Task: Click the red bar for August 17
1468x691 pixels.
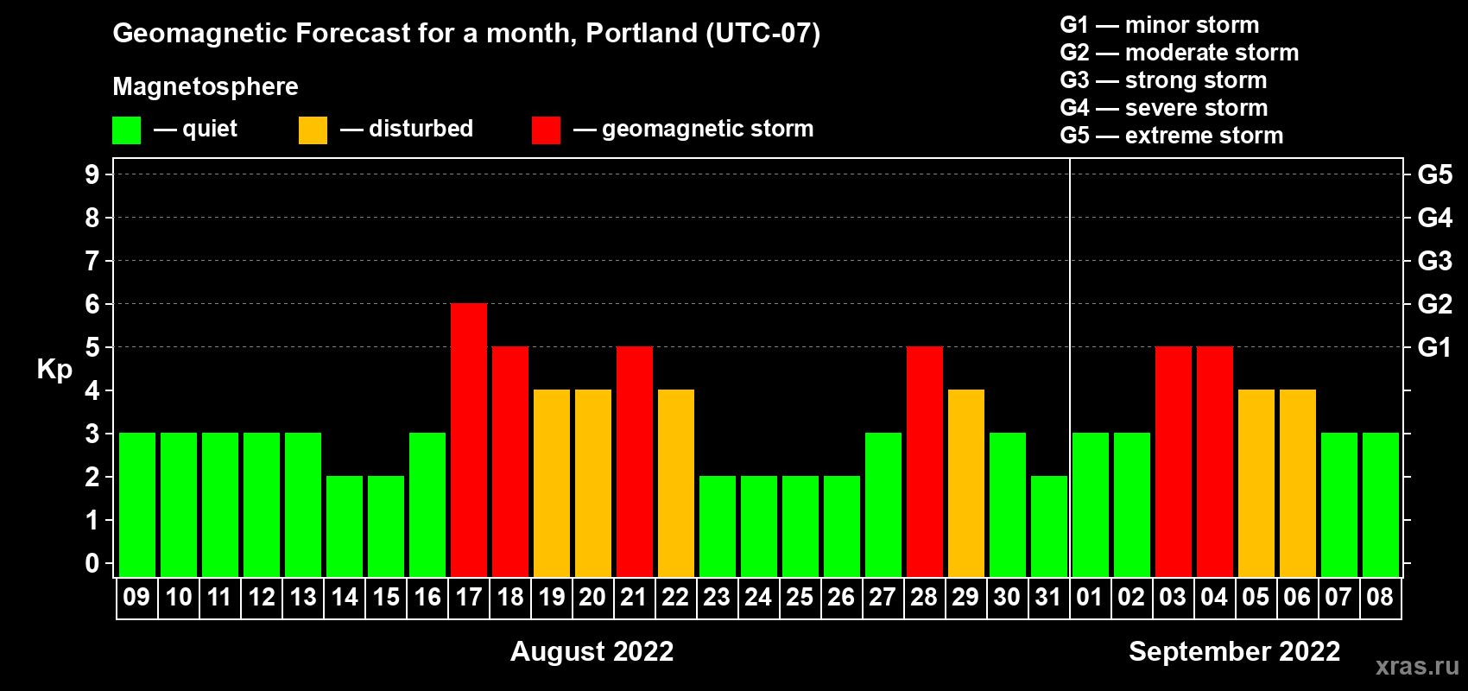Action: (469, 440)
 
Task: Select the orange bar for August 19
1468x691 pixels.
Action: (552, 483)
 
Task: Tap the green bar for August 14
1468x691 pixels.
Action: (345, 526)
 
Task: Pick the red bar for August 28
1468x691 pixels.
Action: (925, 461)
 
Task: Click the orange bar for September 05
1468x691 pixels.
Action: (1256, 483)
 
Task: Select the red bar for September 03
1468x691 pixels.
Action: (1174, 461)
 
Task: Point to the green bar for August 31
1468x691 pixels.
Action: (1049, 526)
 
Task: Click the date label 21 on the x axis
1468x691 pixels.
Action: (634, 597)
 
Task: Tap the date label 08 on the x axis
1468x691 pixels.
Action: (1380, 597)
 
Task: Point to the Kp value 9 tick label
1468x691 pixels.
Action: (92, 174)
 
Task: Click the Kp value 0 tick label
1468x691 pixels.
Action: (92, 563)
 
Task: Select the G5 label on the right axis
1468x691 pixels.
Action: (1435, 174)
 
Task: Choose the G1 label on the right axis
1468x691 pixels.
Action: (1435, 347)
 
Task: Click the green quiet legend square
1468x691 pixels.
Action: (126, 130)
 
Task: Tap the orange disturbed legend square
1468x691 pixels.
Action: (313, 130)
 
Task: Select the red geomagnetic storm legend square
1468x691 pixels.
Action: (547, 130)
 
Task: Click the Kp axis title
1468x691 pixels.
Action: (54, 370)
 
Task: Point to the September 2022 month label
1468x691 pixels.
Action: (1235, 651)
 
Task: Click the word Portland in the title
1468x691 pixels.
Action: (642, 33)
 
